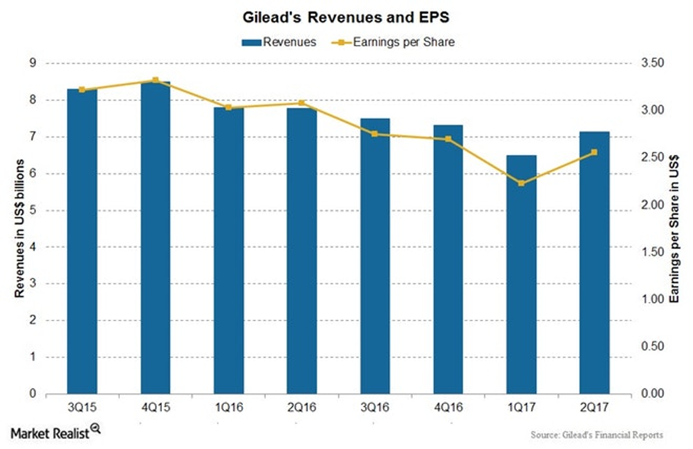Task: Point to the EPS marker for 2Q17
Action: [594, 152]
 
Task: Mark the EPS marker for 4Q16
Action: [448, 139]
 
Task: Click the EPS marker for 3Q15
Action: [82, 90]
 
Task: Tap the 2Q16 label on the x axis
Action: [301, 408]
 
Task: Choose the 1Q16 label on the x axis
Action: [228, 408]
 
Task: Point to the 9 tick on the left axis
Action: [33, 63]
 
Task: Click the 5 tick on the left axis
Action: [33, 210]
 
